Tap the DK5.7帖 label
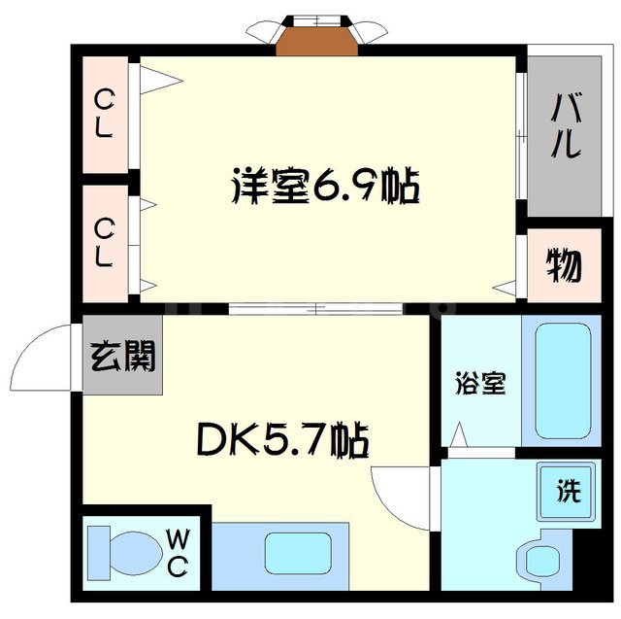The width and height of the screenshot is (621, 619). coord(282,442)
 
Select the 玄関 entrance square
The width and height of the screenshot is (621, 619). coord(122,357)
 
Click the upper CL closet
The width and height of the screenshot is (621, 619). coord(105,114)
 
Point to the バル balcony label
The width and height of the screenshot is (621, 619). coord(566,127)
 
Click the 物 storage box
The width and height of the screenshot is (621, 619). coord(563,265)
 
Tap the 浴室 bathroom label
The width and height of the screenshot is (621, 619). coord(479,384)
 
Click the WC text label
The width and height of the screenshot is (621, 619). coord(179,550)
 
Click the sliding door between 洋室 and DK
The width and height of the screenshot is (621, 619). coord(315,310)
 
